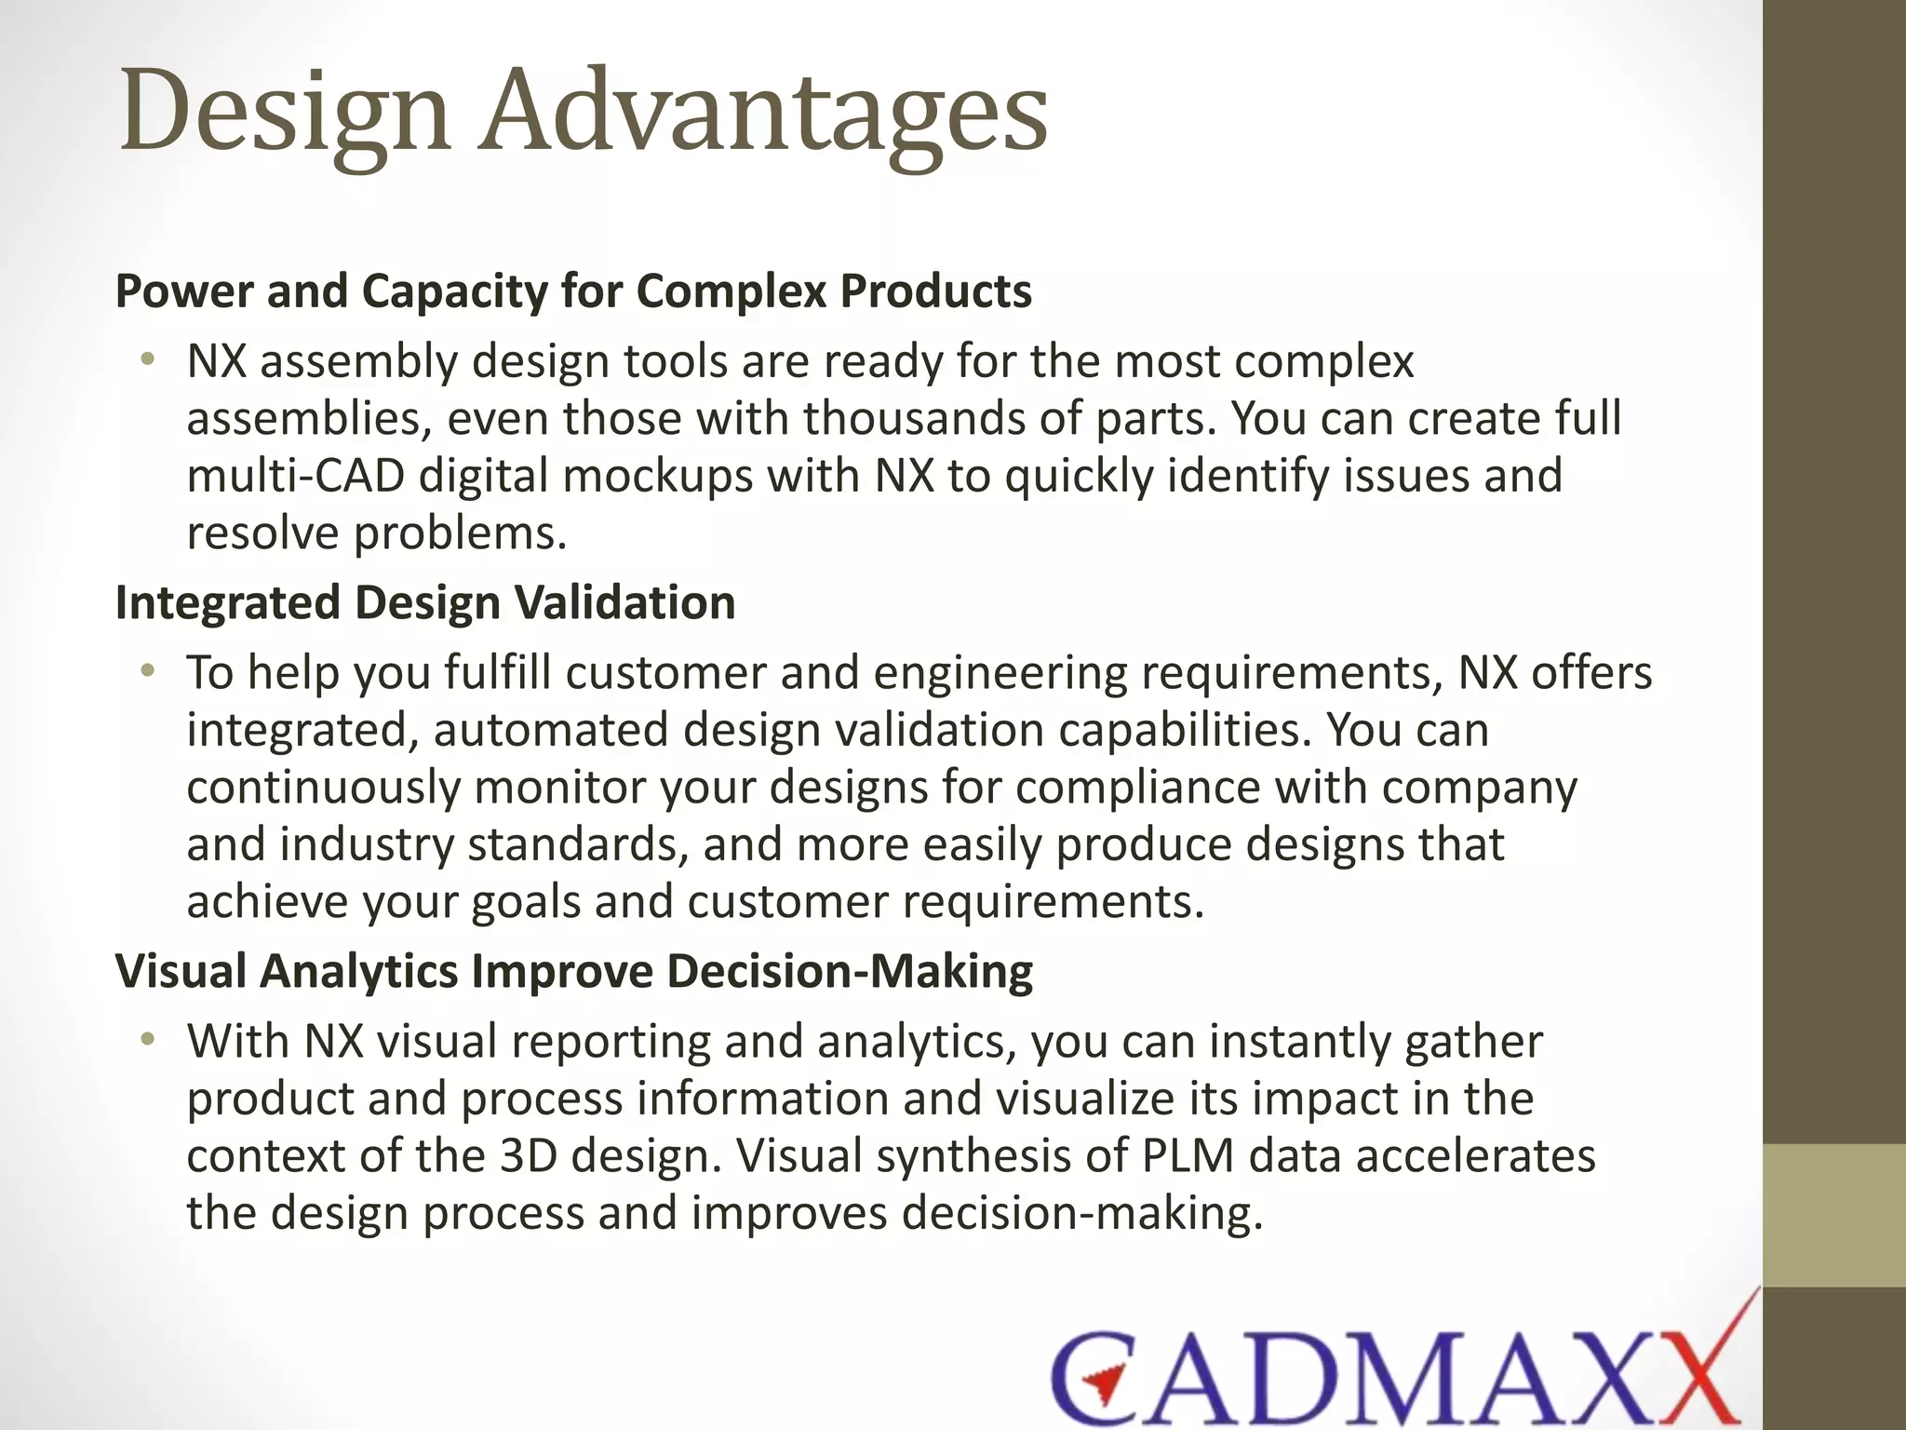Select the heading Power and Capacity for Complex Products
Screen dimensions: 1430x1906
pyautogui.click(x=573, y=290)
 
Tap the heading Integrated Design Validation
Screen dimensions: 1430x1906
pyautogui.click(x=425, y=602)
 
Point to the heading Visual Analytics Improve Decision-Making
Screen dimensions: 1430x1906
pyautogui.click(x=573, y=971)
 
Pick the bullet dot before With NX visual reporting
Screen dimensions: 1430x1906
pyautogui.click(x=146, y=1039)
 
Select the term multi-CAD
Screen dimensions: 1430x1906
pyautogui.click(x=295, y=476)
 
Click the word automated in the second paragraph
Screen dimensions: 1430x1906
pyautogui.click(x=550, y=730)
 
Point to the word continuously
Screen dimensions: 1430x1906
pyautogui.click(x=323, y=788)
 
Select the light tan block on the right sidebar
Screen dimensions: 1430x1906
pyautogui.click(x=1833, y=1216)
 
